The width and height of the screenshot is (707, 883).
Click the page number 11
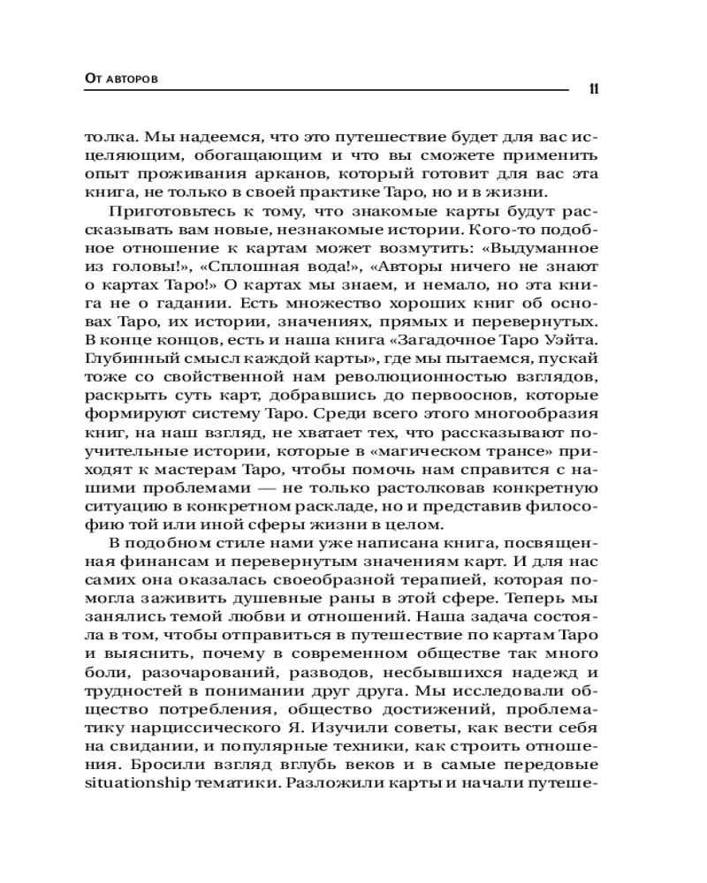pyautogui.click(x=594, y=89)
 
